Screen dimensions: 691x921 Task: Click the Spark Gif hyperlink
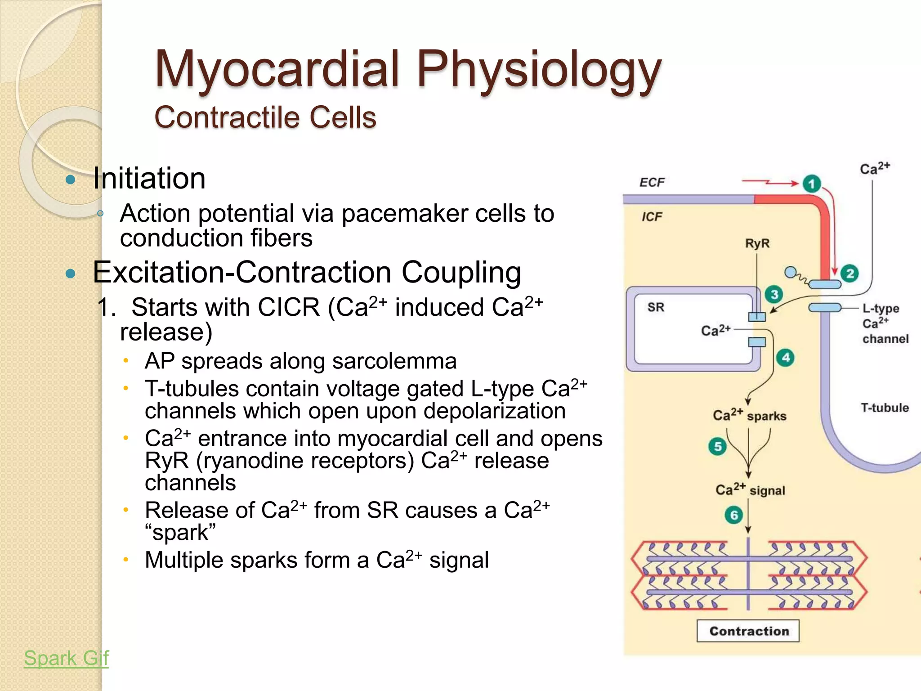point(66,658)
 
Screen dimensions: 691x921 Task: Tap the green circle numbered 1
point(811,184)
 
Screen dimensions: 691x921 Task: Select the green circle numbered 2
point(849,274)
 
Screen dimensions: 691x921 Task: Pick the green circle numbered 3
point(774,295)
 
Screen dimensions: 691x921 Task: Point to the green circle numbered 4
point(785,358)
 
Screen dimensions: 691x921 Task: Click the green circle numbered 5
point(717,446)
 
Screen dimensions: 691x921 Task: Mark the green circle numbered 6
point(733,515)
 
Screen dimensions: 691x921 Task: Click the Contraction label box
point(748,631)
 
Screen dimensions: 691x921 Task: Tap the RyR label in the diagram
point(757,243)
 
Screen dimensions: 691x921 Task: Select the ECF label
point(652,182)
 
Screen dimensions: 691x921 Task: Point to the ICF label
point(652,217)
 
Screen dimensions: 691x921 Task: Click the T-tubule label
point(884,408)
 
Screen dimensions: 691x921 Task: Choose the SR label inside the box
point(656,307)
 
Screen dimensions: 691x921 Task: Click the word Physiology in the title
point(538,70)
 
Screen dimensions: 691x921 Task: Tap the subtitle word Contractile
point(227,118)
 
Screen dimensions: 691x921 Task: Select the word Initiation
point(149,179)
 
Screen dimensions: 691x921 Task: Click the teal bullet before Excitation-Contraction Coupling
point(70,274)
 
